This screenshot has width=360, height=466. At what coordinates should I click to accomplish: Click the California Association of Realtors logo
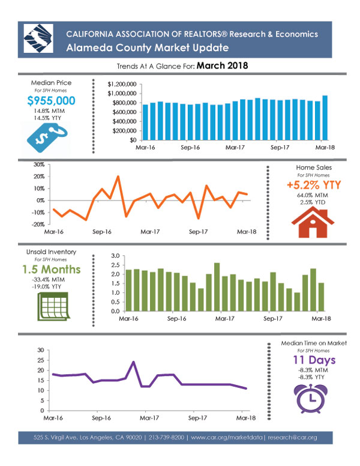click(x=38, y=38)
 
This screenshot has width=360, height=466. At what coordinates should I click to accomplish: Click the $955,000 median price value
click(x=51, y=101)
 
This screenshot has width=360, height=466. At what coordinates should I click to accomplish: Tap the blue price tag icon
click(x=47, y=138)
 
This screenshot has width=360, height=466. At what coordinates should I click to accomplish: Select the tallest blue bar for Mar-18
click(x=325, y=118)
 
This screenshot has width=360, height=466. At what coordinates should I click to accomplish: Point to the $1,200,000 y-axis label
click(x=122, y=85)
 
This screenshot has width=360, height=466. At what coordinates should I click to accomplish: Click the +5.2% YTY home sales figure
click(x=314, y=185)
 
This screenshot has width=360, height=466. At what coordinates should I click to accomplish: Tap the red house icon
click(x=313, y=222)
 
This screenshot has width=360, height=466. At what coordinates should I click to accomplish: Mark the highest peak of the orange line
click(x=118, y=176)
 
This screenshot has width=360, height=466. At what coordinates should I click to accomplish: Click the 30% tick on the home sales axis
click(x=39, y=165)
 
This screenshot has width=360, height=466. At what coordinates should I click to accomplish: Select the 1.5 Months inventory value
click(x=52, y=269)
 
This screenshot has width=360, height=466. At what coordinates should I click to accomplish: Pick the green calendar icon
click(x=53, y=306)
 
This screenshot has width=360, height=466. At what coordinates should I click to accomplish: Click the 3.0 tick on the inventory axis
click(x=116, y=256)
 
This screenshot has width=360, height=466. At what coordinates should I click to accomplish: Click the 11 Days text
click(x=314, y=360)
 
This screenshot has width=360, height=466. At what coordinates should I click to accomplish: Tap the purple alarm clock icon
click(x=311, y=398)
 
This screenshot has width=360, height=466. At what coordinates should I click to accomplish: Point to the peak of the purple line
click(x=133, y=362)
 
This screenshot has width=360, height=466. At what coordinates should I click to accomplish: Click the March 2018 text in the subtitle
click(x=222, y=65)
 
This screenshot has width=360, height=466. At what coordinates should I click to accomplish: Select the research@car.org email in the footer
click(x=292, y=437)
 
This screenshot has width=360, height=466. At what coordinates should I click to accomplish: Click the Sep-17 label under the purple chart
click(x=197, y=418)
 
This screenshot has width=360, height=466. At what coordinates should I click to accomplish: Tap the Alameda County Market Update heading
click(x=148, y=47)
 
